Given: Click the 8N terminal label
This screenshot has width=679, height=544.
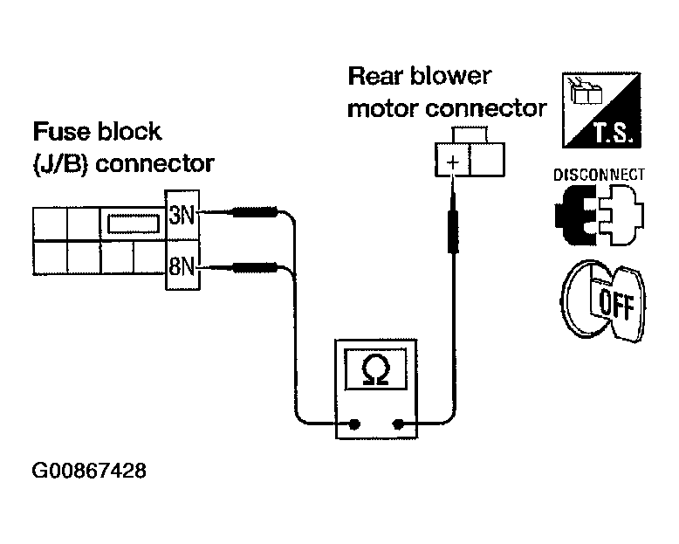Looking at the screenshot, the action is [x=182, y=266].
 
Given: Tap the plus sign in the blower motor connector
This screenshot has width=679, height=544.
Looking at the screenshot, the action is [x=453, y=162].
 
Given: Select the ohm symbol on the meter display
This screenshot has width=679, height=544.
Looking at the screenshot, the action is [x=375, y=370].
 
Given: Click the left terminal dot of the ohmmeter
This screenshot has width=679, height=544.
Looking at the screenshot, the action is [x=354, y=424].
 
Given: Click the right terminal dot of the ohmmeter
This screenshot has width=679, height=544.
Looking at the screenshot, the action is [x=397, y=424].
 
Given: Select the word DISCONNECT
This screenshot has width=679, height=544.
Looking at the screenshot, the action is [x=599, y=175].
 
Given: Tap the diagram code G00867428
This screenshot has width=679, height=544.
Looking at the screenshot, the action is [x=89, y=471].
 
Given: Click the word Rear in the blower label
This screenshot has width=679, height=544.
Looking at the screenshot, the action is [x=375, y=76].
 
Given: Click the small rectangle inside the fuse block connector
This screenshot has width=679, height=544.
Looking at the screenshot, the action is [x=134, y=224].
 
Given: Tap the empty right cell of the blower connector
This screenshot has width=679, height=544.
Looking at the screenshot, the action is [x=487, y=161].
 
